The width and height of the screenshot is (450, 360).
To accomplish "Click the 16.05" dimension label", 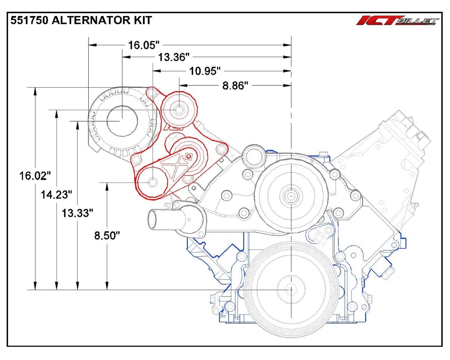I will click(143, 45).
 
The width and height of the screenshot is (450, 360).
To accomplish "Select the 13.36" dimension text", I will click(174, 57).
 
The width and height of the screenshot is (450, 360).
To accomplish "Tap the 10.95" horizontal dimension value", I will click(205, 71).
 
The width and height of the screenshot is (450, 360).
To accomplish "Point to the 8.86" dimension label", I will click(235, 85).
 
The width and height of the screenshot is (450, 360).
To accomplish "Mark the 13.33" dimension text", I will click(77, 213).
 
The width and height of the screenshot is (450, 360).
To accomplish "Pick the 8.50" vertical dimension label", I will click(107, 235).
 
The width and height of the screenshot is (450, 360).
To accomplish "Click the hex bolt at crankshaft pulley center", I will click(290, 289).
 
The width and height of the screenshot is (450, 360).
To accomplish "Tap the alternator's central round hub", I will click(121, 120).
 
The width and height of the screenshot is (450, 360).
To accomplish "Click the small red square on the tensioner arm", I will click(188, 156).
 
